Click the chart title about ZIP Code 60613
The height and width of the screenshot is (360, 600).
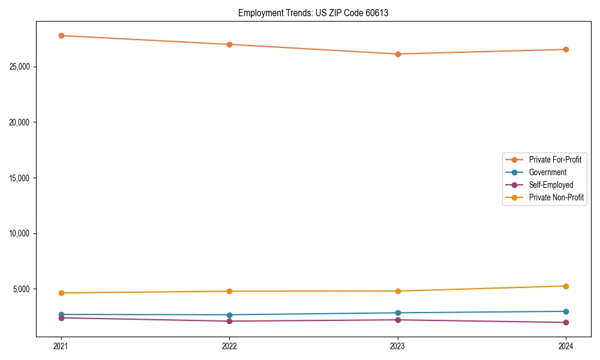pyautogui.click(x=313, y=13)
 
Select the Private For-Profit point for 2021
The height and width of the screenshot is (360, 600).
pyautogui.click(x=61, y=35)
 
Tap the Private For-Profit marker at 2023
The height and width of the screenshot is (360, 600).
pyautogui.click(x=398, y=54)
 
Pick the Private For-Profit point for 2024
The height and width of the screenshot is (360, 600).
pyautogui.click(x=566, y=49)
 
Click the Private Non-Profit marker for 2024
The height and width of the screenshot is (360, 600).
pyautogui.click(x=566, y=286)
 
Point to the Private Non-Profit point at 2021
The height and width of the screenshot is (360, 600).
pyautogui.click(x=61, y=293)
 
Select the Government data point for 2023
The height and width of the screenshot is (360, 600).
pyautogui.click(x=398, y=313)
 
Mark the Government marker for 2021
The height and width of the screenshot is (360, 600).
pyautogui.click(x=61, y=314)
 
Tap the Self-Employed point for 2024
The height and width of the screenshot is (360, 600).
pyautogui.click(x=566, y=323)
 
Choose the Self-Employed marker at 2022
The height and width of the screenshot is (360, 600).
pyautogui.click(x=229, y=321)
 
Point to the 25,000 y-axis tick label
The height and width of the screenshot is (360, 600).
pyautogui.click(x=22, y=67)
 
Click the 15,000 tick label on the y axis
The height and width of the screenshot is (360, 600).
pyautogui.click(x=22, y=178)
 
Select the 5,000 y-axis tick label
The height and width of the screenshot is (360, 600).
pyautogui.click(x=23, y=289)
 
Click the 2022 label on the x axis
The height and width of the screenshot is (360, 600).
pyautogui.click(x=229, y=346)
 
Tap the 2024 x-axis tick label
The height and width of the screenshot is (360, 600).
pyautogui.click(x=566, y=346)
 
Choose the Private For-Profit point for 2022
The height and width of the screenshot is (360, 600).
pyautogui.click(x=229, y=44)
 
